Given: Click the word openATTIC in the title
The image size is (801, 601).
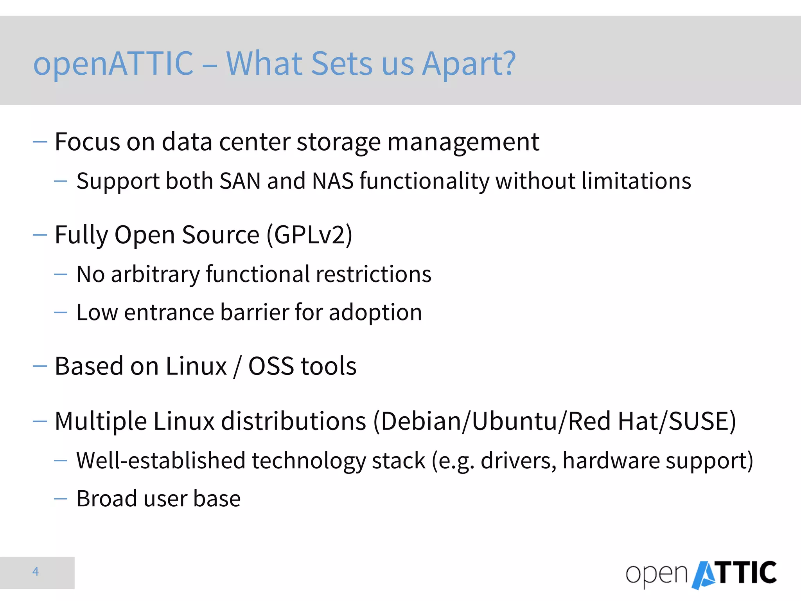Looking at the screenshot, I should pos(113,64).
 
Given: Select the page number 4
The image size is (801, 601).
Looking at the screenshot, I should pos(36,572).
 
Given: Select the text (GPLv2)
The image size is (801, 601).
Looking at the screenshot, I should pos(309,235).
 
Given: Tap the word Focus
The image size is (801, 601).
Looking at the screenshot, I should pos(87,142).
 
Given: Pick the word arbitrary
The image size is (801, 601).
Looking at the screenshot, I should pos(155,274).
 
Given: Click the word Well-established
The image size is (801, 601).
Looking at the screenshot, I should pos(160,461).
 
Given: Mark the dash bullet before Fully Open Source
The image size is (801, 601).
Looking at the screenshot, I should pos(40,235).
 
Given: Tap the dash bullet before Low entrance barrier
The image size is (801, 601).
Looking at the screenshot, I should pos(61,313).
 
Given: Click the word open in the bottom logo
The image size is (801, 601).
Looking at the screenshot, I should pos(656,575).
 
